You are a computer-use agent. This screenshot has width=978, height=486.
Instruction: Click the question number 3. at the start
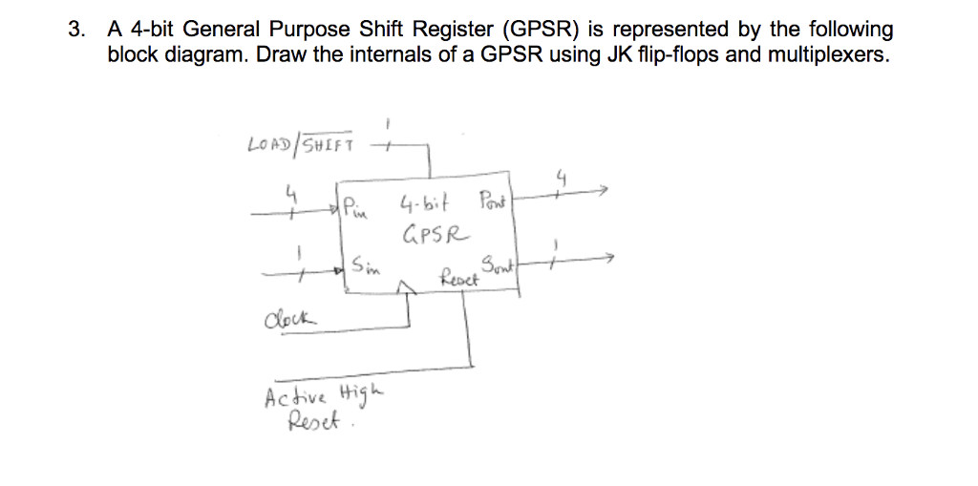coord(74,31)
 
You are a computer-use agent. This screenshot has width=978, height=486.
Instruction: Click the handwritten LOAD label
coord(270,145)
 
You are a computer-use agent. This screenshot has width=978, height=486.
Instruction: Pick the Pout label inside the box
coord(493,201)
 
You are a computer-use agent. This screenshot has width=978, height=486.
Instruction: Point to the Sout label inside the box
coord(495,265)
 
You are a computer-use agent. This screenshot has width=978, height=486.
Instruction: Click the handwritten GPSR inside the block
coord(436,232)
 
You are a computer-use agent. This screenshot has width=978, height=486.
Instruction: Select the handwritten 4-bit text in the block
coord(426,202)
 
